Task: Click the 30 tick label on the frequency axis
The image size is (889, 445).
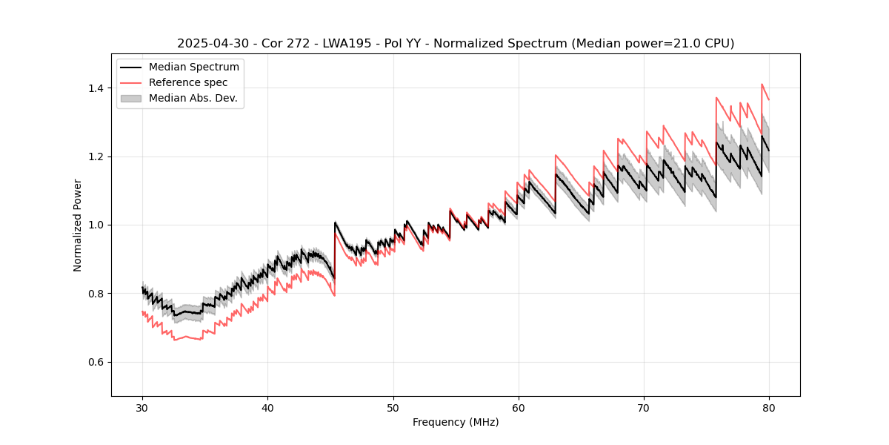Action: click(142, 407)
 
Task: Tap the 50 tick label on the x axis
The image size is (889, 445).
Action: click(393, 407)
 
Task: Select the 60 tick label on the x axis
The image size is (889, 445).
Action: click(519, 407)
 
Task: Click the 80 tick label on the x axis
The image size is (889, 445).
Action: click(769, 407)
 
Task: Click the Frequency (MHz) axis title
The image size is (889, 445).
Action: click(456, 422)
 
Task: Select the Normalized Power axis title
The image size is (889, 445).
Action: click(78, 225)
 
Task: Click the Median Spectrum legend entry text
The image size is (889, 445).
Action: click(194, 67)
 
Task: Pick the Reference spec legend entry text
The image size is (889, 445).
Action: click(188, 82)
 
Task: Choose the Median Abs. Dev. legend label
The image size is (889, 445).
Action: click(193, 98)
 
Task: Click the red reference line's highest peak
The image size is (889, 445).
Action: click(762, 84)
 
